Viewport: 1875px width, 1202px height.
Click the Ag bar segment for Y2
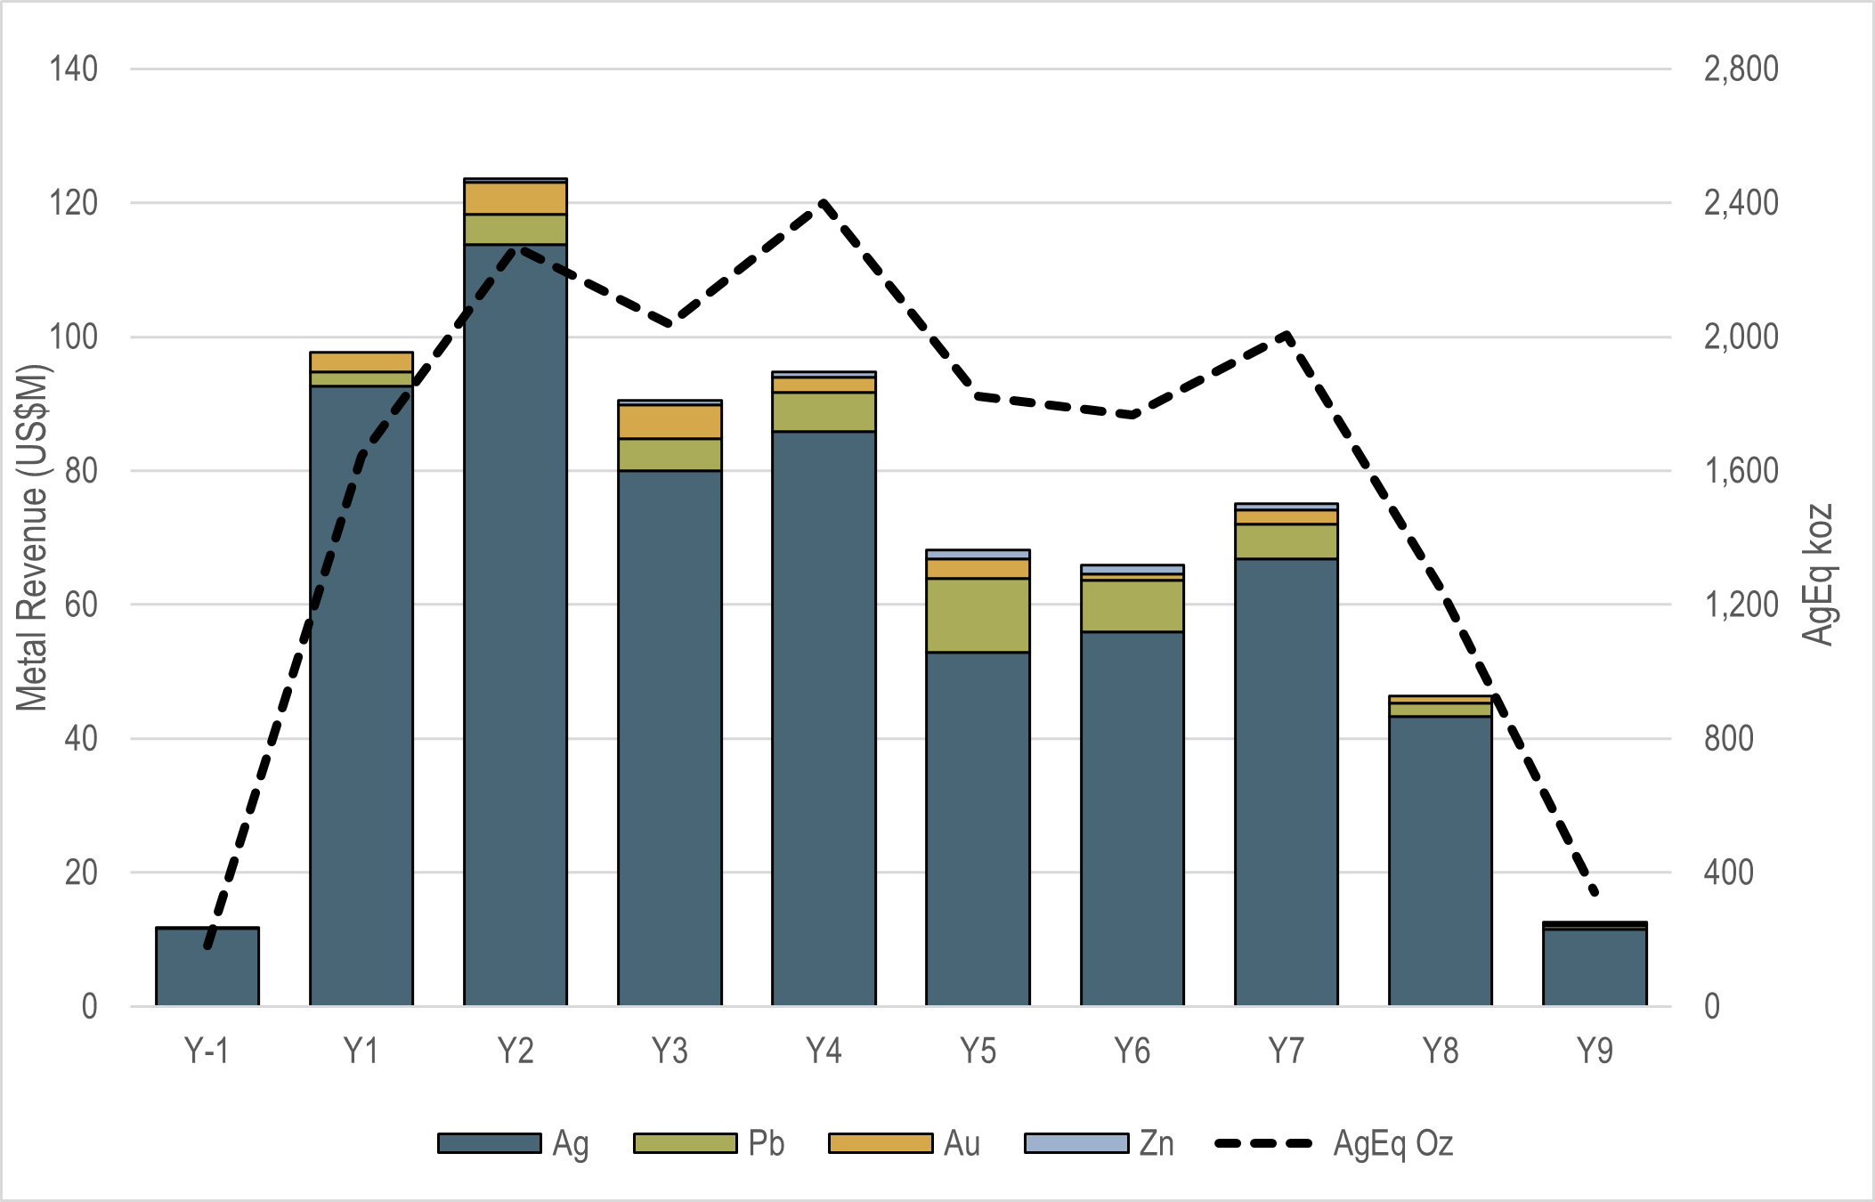(515, 623)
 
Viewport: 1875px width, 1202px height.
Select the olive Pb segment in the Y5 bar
(978, 615)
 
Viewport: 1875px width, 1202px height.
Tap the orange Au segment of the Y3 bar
(670, 422)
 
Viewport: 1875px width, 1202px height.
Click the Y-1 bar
(207, 967)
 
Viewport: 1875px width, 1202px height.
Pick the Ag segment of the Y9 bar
(1595, 968)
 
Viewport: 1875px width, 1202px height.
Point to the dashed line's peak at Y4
(824, 203)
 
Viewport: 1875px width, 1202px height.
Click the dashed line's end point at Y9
(1595, 892)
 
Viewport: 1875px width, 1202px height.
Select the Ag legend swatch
(489, 1143)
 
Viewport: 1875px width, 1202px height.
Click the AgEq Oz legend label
(1392, 1143)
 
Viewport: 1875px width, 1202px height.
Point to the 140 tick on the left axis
(73, 69)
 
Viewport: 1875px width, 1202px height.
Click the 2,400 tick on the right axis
(1741, 203)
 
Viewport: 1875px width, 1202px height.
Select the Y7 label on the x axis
(1287, 1052)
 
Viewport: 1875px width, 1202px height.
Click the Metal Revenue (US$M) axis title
(32, 538)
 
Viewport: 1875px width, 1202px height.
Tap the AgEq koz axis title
(1819, 574)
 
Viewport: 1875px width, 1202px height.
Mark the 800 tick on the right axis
(1728, 739)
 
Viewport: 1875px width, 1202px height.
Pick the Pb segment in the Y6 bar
(1132, 606)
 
